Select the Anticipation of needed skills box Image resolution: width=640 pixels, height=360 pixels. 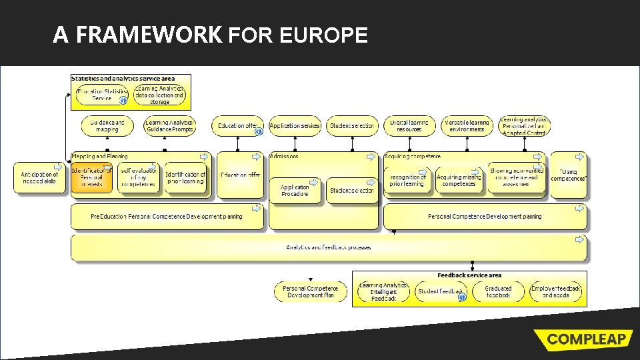pyautogui.click(x=39, y=178)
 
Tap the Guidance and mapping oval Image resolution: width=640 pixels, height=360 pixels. pyautogui.click(x=107, y=125)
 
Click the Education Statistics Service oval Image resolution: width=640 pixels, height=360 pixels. pyautogui.click(x=101, y=95)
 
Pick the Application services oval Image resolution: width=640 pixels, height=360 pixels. pyautogui.click(x=295, y=125)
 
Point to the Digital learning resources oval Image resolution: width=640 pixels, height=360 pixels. pyautogui.click(x=409, y=125)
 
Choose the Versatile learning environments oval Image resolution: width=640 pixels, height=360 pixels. pyautogui.click(x=467, y=125)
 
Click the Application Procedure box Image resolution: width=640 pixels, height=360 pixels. pyautogui.click(x=294, y=191)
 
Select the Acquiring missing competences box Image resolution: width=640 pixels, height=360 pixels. pyautogui.click(x=459, y=181)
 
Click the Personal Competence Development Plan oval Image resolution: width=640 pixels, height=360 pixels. pyautogui.click(x=310, y=291)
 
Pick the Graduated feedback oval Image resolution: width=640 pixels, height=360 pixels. pyautogui.click(x=498, y=291)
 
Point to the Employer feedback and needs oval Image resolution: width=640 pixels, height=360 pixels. pyautogui.click(x=556, y=291)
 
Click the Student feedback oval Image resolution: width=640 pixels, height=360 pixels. pyautogui.click(x=439, y=291)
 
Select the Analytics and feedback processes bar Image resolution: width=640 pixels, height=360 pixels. pyautogui.click(x=329, y=247)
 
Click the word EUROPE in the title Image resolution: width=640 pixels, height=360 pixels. pyautogui.click(x=324, y=35)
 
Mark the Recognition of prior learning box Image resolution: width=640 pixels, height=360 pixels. pyautogui.click(x=407, y=181)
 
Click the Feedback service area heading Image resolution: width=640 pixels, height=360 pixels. pyautogui.click(x=469, y=275)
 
